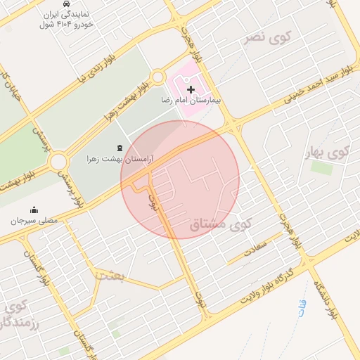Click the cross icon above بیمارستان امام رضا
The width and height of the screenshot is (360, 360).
191,90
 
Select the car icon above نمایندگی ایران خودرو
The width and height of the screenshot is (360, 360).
66,4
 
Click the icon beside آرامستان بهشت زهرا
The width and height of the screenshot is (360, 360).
117,148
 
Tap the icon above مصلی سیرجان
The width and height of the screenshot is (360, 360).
34,210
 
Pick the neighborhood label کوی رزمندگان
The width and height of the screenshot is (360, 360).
15,315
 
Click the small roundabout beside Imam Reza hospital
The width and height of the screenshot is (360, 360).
157,77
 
